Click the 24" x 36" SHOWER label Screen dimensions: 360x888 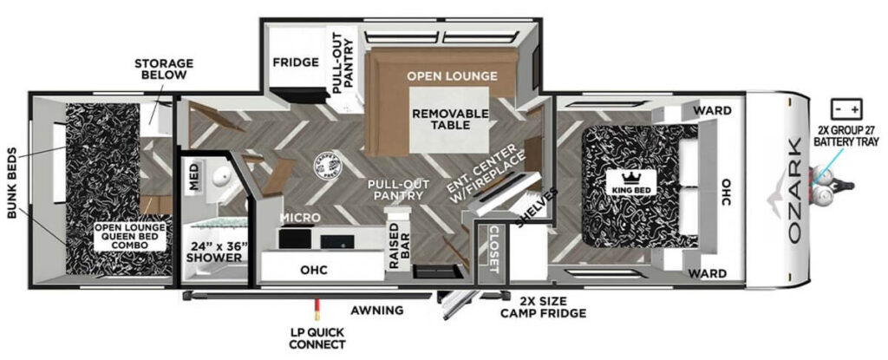(219, 251)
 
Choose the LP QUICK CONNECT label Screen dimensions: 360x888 (319, 338)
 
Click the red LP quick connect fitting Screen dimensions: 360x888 (318, 306)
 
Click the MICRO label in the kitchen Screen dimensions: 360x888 (300, 217)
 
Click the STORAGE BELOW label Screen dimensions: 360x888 (163, 69)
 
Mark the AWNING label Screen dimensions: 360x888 (376, 310)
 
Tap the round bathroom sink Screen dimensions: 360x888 (223, 177)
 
